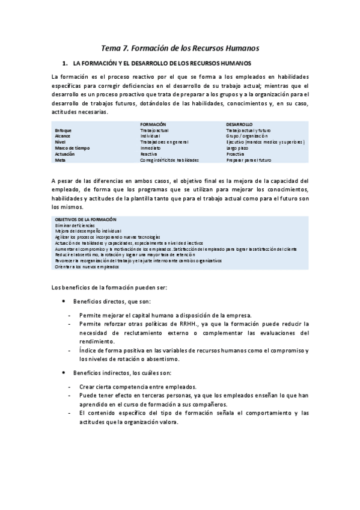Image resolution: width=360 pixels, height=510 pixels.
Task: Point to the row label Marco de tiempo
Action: coord(69,148)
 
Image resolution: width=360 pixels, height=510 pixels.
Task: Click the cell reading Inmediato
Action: coord(150,148)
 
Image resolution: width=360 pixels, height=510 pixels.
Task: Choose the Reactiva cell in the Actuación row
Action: coord(148,154)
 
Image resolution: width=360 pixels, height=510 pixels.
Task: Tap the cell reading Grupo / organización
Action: coord(246,136)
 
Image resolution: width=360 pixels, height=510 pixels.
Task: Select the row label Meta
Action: coord(59,160)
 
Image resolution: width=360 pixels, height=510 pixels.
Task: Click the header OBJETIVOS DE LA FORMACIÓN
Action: coord(85,220)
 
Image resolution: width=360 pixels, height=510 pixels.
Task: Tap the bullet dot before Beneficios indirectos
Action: coord(64,373)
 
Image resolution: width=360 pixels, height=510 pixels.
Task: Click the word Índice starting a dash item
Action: coord(88,350)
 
